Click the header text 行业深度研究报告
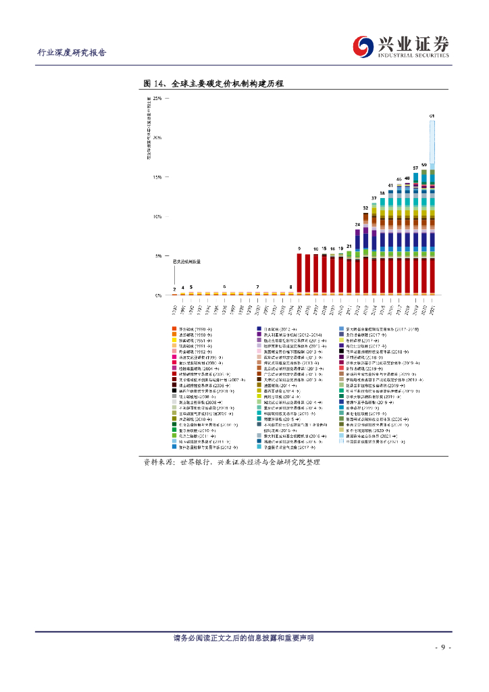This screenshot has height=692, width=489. [71, 53]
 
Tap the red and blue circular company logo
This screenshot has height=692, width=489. [365, 46]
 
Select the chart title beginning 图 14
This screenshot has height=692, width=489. [213, 84]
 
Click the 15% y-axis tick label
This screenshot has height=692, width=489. [157, 177]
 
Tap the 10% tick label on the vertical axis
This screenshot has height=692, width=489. [157, 217]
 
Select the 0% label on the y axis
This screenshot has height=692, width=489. [159, 295]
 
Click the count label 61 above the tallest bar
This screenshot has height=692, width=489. [432, 117]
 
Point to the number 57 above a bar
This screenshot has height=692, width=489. [415, 168]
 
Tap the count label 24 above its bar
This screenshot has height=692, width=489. [357, 224]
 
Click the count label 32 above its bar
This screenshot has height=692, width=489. [365, 208]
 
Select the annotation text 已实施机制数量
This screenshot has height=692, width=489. [187, 261]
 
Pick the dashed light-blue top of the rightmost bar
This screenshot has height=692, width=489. [432, 142]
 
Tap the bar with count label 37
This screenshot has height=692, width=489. [374, 250]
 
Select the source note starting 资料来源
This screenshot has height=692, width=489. [230, 462]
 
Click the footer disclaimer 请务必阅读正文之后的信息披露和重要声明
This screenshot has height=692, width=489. [244, 638]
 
